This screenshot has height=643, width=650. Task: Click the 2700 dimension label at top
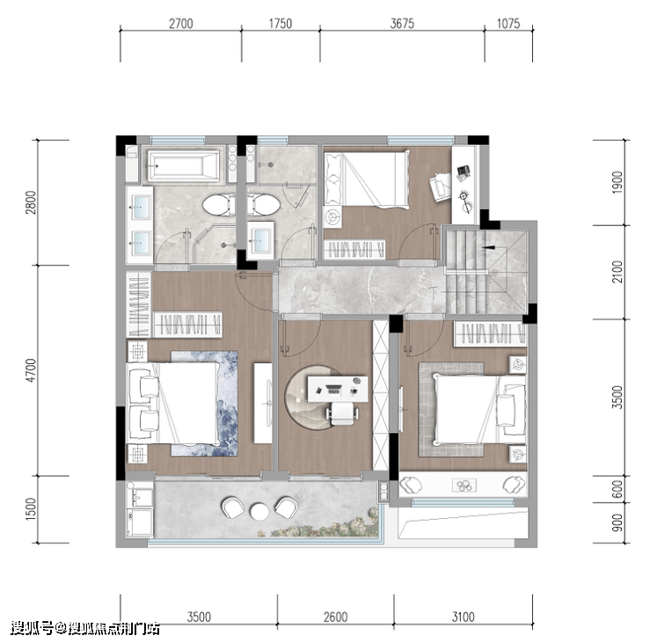[180, 24]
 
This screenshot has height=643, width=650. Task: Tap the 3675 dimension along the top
[402, 24]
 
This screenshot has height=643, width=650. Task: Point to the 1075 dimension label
[508, 24]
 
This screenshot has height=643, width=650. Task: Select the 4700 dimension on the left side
[31, 370]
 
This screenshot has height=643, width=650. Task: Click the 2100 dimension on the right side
[617, 272]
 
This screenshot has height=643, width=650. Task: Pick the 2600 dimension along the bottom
[335, 617]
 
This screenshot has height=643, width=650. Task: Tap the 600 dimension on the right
[617, 489]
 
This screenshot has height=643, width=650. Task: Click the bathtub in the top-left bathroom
[183, 166]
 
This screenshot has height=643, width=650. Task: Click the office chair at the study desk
[342, 413]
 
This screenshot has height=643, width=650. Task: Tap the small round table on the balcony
[259, 511]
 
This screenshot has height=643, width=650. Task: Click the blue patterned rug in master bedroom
[205, 404]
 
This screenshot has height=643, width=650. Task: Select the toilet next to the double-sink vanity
[216, 205]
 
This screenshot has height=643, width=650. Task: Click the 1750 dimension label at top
[281, 24]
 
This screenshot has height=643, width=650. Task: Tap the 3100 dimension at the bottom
[463, 617]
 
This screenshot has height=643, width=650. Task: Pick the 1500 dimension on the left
[31, 509]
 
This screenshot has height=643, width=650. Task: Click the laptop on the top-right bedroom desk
[464, 172]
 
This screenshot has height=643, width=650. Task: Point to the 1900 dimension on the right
[617, 182]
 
